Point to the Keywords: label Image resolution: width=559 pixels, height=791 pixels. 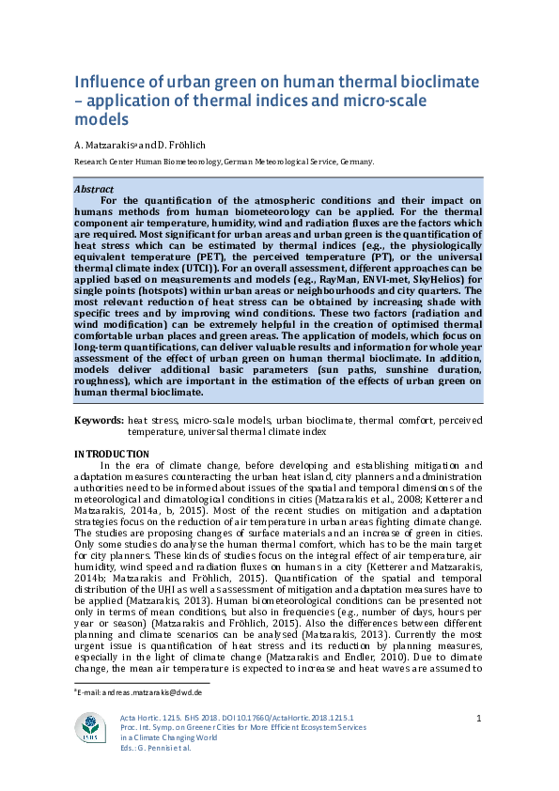click(x=99, y=422)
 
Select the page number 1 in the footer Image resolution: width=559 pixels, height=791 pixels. click(x=479, y=719)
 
